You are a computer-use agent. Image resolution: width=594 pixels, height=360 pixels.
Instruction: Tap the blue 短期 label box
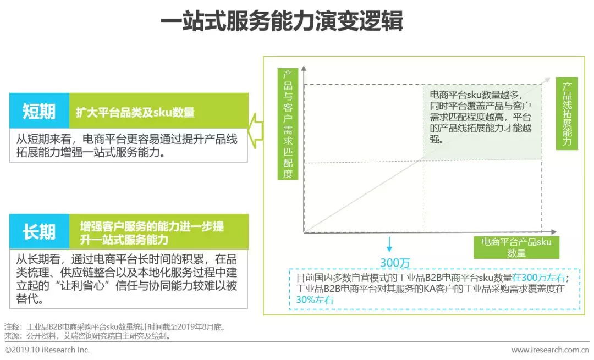click(40, 111)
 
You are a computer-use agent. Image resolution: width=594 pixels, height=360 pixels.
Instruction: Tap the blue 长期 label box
click(40, 231)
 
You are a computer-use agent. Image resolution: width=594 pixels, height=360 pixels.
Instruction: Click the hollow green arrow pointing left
click(255, 130)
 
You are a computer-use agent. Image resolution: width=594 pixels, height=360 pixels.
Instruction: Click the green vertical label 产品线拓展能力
click(567, 114)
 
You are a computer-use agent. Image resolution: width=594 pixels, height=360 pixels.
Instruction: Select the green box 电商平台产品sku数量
click(516, 247)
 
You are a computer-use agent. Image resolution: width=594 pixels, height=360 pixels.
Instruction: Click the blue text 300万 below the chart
click(395, 263)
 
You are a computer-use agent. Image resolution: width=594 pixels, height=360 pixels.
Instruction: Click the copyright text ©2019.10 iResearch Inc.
click(47, 350)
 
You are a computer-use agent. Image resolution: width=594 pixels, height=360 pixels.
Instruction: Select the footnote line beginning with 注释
click(116, 327)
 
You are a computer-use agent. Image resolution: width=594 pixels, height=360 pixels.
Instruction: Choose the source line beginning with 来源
click(88, 335)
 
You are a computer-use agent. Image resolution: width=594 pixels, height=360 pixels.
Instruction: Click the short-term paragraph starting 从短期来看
click(127, 146)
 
